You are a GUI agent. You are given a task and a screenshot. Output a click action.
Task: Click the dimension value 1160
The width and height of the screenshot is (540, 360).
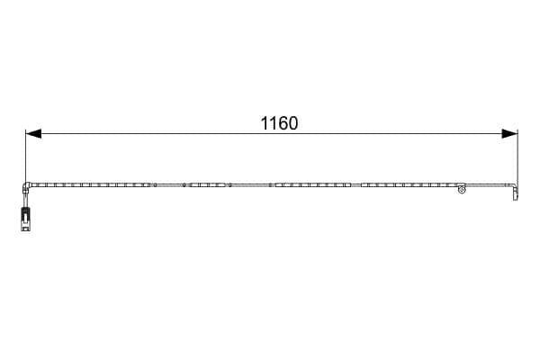click(x=279, y=123)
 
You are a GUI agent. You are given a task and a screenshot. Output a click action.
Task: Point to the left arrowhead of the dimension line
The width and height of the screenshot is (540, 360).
click(x=33, y=134)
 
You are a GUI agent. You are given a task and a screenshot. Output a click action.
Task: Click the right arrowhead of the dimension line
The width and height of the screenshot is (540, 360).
click(x=509, y=134)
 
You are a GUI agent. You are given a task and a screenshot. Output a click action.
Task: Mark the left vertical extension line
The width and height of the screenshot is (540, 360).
click(x=26, y=156)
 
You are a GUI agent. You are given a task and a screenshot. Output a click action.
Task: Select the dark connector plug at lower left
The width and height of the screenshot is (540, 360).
click(x=25, y=219)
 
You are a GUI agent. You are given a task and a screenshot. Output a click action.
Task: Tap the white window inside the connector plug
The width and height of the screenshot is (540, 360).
click(x=25, y=218)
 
